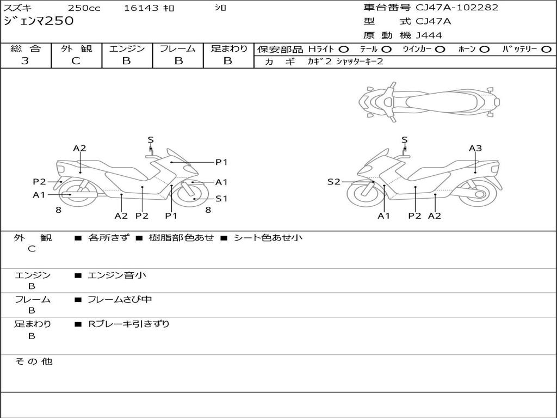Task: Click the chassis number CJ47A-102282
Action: [457, 8]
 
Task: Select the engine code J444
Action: [429, 35]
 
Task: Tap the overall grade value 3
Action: [25, 61]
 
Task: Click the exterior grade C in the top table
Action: [76, 61]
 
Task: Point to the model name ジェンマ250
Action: [39, 21]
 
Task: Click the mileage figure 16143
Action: [141, 8]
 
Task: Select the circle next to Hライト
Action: [344, 50]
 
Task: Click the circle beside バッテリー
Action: [546, 50]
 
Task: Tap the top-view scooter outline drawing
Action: [429, 102]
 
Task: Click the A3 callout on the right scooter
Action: [475, 148]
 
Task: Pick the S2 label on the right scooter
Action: [333, 182]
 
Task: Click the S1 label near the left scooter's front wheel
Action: [221, 199]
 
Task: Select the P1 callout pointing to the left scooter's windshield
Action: [221, 162]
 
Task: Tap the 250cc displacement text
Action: [84, 8]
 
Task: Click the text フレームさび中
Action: [120, 300]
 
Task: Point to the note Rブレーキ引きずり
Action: [128, 324]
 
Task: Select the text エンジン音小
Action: [117, 275]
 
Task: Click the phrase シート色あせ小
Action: [268, 238]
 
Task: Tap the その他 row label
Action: [33, 361]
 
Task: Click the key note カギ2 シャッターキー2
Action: [345, 62]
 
